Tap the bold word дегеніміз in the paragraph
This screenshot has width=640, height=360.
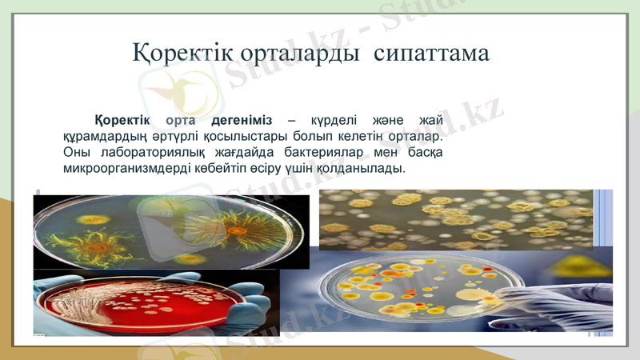[242, 120]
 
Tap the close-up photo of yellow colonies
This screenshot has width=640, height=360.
[456, 218]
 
